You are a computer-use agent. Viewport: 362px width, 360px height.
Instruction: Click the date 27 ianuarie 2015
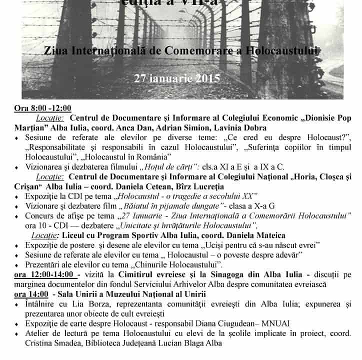click(x=177, y=78)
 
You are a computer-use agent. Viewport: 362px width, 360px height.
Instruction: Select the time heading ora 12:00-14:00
click(x=46, y=274)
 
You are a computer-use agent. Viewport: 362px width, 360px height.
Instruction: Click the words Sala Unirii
click(x=79, y=294)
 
